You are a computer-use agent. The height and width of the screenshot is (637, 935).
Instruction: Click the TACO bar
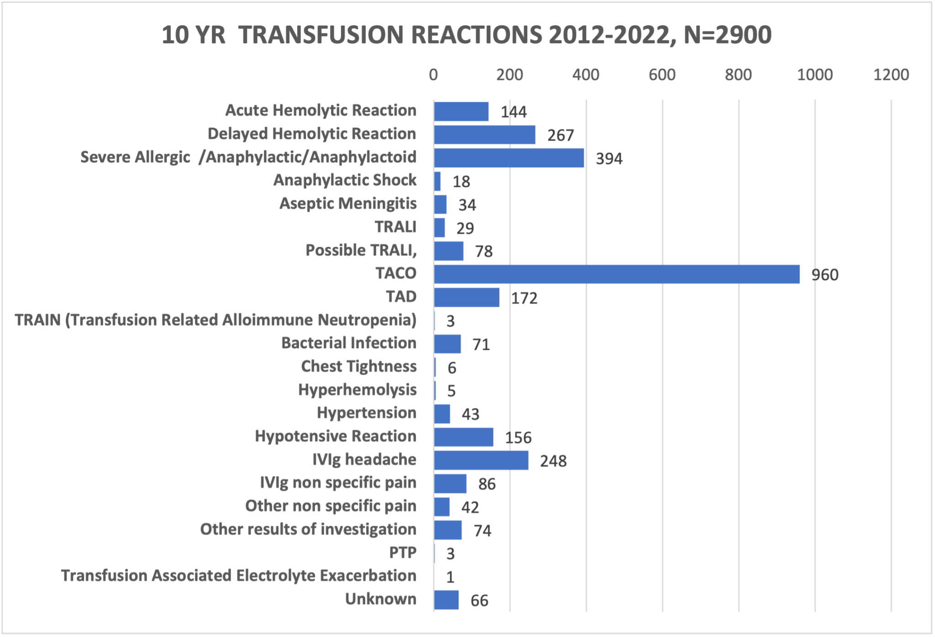pyautogui.click(x=616, y=274)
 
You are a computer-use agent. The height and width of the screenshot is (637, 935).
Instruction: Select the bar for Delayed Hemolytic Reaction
pyautogui.click(x=484, y=135)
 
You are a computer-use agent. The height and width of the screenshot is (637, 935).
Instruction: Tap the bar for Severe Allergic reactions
pyautogui.click(x=509, y=158)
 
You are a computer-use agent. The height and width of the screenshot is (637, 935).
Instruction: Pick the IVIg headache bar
pyautogui.click(x=481, y=460)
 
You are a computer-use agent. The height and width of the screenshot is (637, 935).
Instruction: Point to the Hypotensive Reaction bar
pyautogui.click(x=463, y=437)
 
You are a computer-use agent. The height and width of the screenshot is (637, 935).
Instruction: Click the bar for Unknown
pyautogui.click(x=446, y=600)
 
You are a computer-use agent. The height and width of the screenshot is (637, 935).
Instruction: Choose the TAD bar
pyautogui.click(x=466, y=298)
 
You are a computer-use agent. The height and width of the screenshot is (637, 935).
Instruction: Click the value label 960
pyautogui.click(x=825, y=275)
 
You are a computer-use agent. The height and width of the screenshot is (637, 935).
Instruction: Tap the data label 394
pyautogui.click(x=609, y=159)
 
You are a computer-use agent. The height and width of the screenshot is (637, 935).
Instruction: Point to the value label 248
pyautogui.click(x=553, y=461)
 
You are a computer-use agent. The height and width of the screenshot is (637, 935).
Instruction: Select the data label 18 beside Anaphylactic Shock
pyautogui.click(x=461, y=182)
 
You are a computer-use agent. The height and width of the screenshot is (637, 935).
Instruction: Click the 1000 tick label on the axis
pyautogui.click(x=815, y=75)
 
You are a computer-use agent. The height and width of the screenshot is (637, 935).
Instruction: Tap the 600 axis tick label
pyautogui.click(x=662, y=75)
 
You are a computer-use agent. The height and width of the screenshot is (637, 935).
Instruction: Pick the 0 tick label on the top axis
pyautogui.click(x=433, y=75)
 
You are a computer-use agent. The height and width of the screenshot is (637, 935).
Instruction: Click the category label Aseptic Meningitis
pyautogui.click(x=348, y=204)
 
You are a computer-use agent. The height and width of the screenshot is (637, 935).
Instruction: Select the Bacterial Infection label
pyautogui.click(x=349, y=343)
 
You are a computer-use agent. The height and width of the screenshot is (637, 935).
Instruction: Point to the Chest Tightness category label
pyautogui.click(x=359, y=366)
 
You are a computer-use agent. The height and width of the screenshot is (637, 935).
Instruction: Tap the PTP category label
pyautogui.click(x=403, y=553)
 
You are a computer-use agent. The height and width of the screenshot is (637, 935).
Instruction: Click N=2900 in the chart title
pyautogui.click(x=728, y=35)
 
